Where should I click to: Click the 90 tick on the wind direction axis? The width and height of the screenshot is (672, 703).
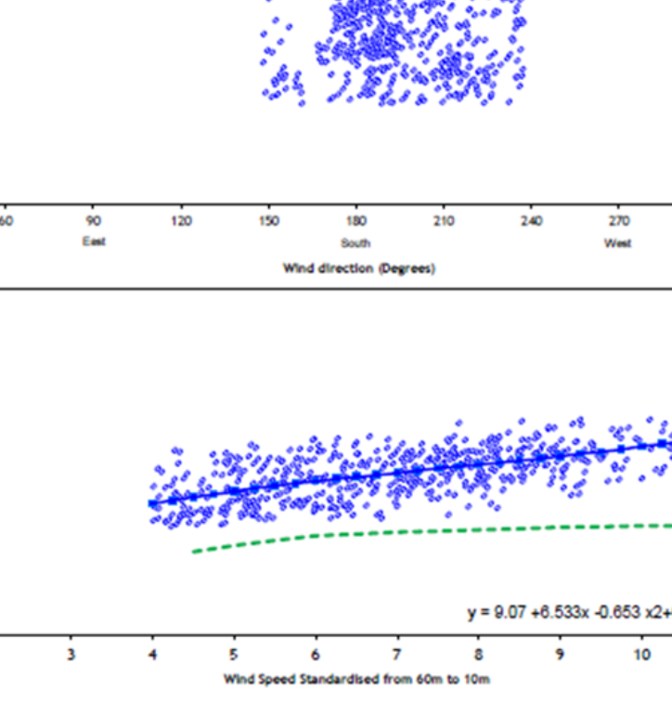pos(93,221)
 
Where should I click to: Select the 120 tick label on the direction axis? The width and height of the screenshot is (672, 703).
pos(181,221)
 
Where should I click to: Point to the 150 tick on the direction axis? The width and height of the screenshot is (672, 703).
pos(268,221)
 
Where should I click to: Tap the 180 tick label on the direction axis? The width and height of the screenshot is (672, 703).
pos(355,221)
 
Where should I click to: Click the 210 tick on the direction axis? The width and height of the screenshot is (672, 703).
pos(444,221)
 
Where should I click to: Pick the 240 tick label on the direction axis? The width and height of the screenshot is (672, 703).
pos(531,221)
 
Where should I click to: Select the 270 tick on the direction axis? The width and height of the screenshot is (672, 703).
pos(618,221)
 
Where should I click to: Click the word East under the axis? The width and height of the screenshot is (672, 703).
pos(93,241)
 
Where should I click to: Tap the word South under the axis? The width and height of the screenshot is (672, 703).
pos(355,243)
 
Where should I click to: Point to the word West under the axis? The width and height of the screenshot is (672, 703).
pos(618,243)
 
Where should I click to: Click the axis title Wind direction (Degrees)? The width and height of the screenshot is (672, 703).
pos(358,268)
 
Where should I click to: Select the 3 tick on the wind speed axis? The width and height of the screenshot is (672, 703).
pos(71,655)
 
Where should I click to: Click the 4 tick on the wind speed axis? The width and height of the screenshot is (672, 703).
pos(152,655)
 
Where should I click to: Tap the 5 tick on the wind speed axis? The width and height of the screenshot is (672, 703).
pos(234,655)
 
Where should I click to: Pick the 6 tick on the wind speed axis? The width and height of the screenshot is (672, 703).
pos(316,655)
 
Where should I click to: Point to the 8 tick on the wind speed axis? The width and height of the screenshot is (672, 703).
pos(479,655)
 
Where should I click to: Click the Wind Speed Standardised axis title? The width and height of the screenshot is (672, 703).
pos(356,679)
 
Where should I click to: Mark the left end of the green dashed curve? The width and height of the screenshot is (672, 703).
pos(194,552)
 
